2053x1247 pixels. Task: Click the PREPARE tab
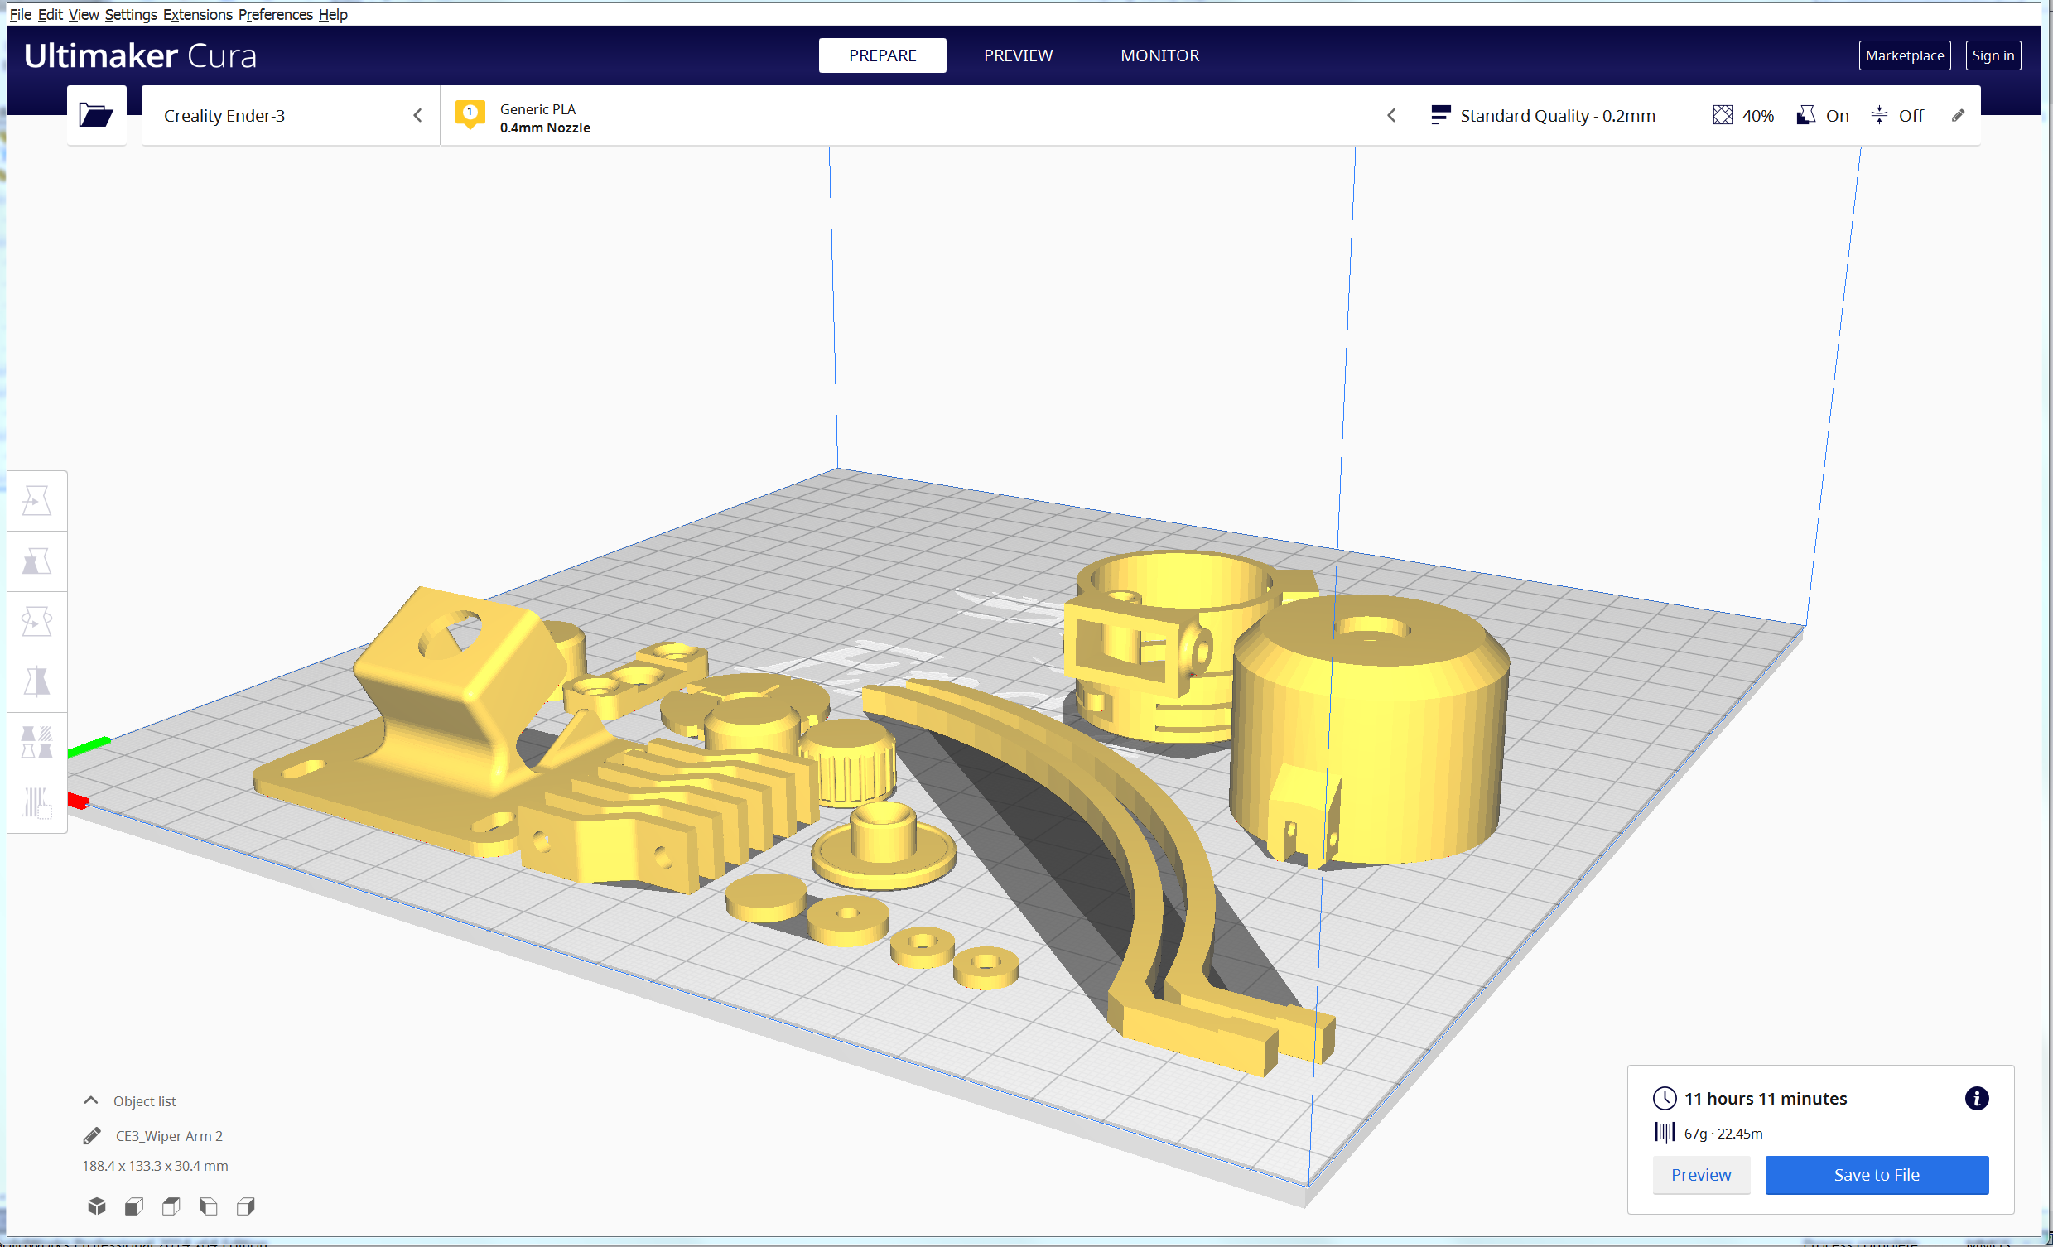pos(882,55)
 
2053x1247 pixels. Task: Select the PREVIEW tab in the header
pos(1018,55)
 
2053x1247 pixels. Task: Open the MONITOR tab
pos(1159,55)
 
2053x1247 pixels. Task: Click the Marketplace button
pos(1904,55)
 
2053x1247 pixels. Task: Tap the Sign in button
pos(1993,55)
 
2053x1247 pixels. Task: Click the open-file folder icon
pos(96,115)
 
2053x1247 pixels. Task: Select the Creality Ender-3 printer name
pos(224,116)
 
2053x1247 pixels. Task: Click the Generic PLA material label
pos(537,109)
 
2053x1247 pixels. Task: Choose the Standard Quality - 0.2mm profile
pos(1557,116)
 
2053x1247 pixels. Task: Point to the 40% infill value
pos(1757,116)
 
